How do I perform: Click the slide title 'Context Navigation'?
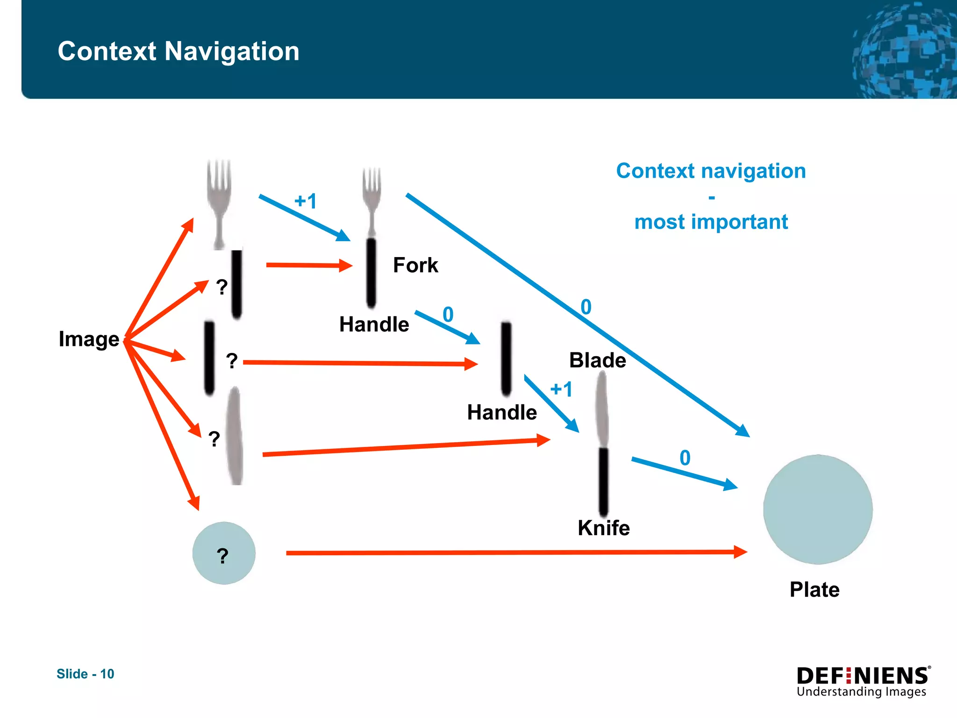pyautogui.click(x=178, y=51)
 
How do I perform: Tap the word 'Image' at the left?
pyautogui.click(x=89, y=339)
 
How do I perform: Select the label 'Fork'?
pyautogui.click(x=415, y=265)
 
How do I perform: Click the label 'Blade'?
pyautogui.click(x=597, y=360)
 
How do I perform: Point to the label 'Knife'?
pyautogui.click(x=603, y=528)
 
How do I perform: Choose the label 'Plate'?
pyautogui.click(x=814, y=589)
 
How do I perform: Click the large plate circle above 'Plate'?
pyautogui.click(x=818, y=510)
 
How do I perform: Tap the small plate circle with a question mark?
pyautogui.click(x=224, y=553)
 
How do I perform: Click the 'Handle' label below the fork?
pyautogui.click(x=374, y=324)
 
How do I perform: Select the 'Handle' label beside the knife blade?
pyautogui.click(x=502, y=413)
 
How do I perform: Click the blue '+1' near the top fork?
pyautogui.click(x=306, y=201)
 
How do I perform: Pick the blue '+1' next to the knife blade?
pyautogui.click(x=561, y=389)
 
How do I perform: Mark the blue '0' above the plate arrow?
pyautogui.click(x=685, y=458)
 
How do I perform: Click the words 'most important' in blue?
pyautogui.click(x=711, y=222)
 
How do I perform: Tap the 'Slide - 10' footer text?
pyautogui.click(x=86, y=674)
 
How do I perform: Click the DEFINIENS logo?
pyautogui.click(x=863, y=681)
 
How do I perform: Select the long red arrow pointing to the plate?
pyautogui.click(x=514, y=553)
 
